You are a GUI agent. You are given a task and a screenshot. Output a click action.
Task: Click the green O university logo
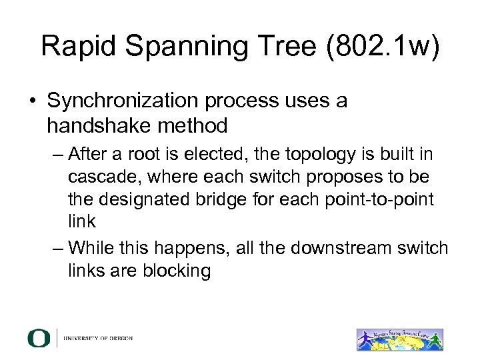click(39, 338)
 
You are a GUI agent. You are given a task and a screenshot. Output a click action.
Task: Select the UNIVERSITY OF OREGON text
click(98, 339)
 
